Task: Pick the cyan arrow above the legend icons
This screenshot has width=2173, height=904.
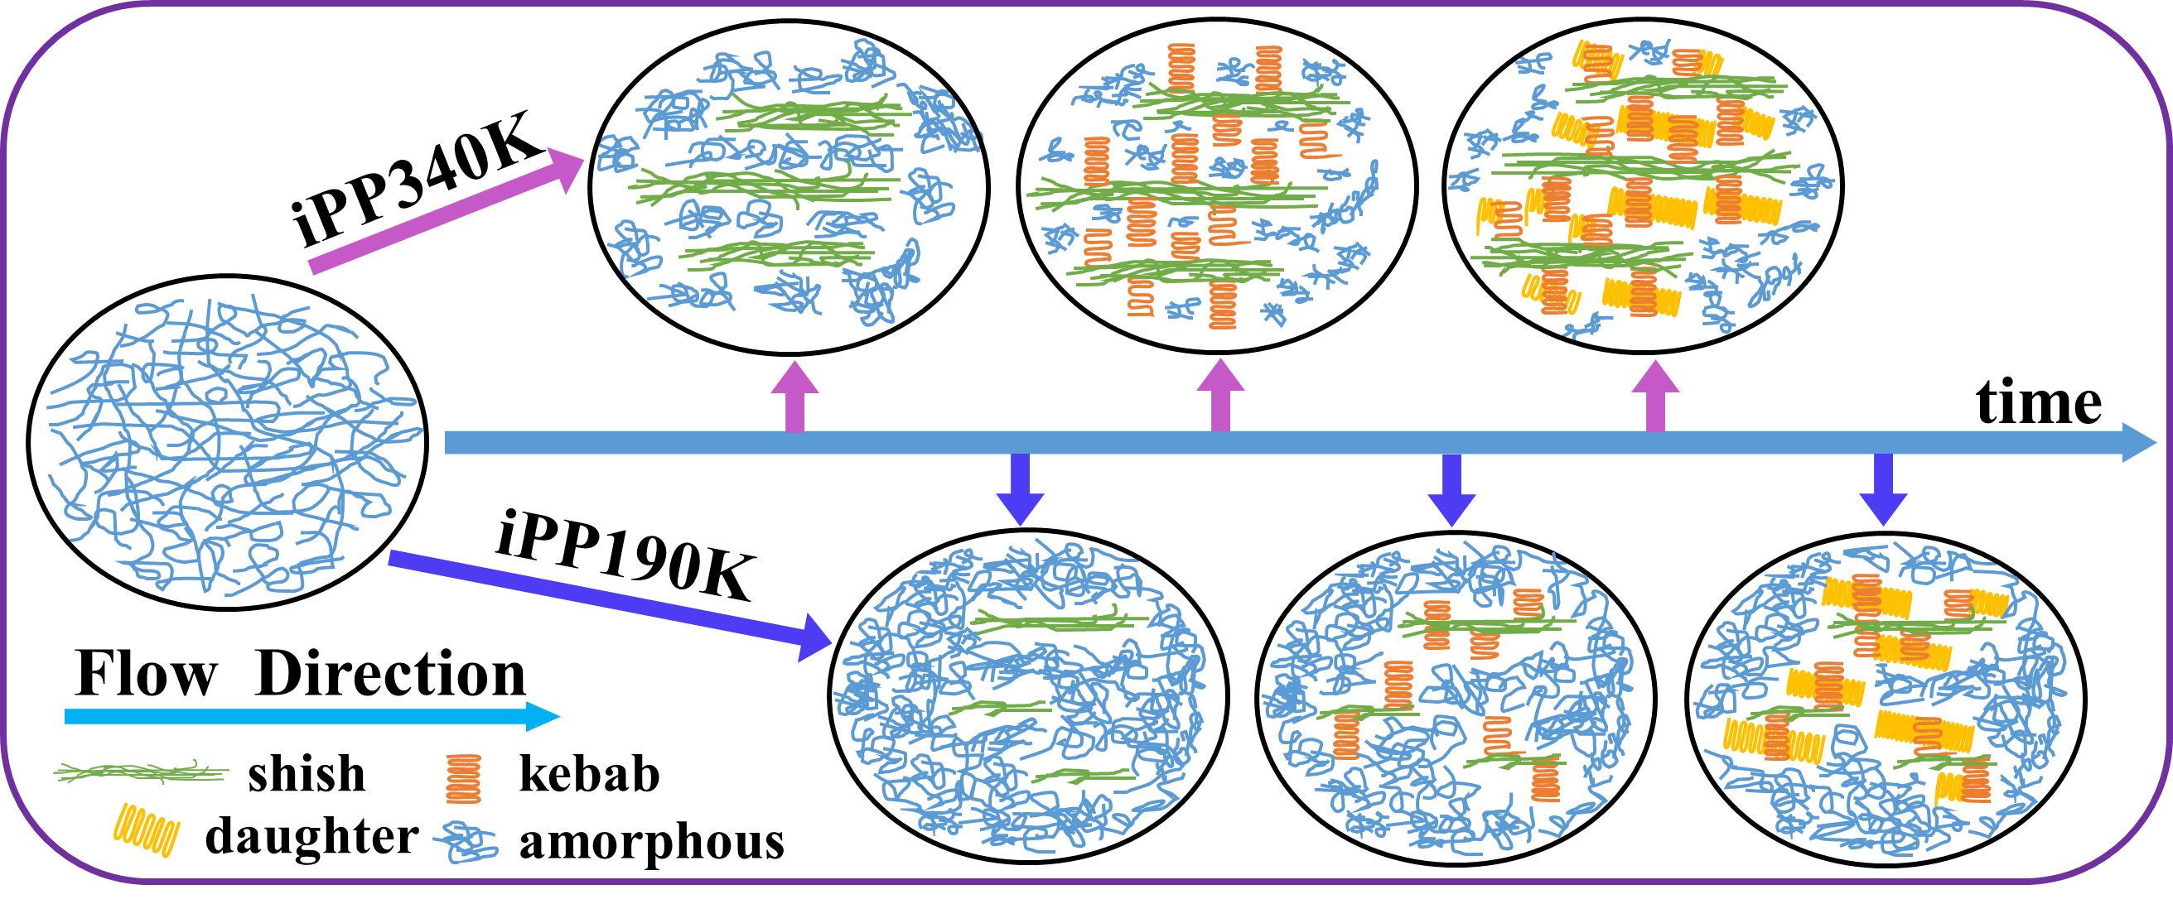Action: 312,717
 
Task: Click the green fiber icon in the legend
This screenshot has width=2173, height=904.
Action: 142,771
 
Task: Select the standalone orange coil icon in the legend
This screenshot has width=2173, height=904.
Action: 463,778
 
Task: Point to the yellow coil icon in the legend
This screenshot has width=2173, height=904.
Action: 147,830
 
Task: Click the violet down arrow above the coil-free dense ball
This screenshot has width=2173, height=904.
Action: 1020,489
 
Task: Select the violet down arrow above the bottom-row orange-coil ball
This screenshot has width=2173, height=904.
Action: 1451,489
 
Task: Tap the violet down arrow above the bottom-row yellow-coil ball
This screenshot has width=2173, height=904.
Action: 1883,489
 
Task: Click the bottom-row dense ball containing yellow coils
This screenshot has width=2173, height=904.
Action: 1881,700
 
